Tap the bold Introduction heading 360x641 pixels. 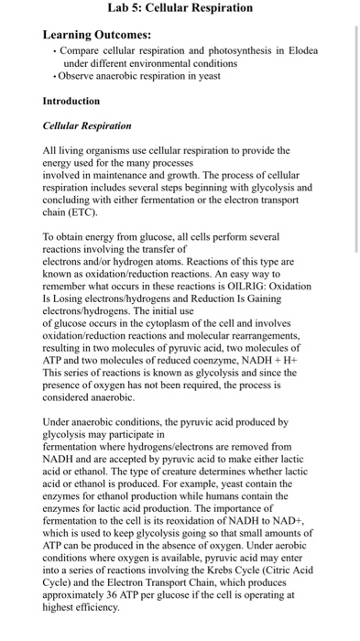[x=71, y=101]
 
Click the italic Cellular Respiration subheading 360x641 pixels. [x=88, y=125]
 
